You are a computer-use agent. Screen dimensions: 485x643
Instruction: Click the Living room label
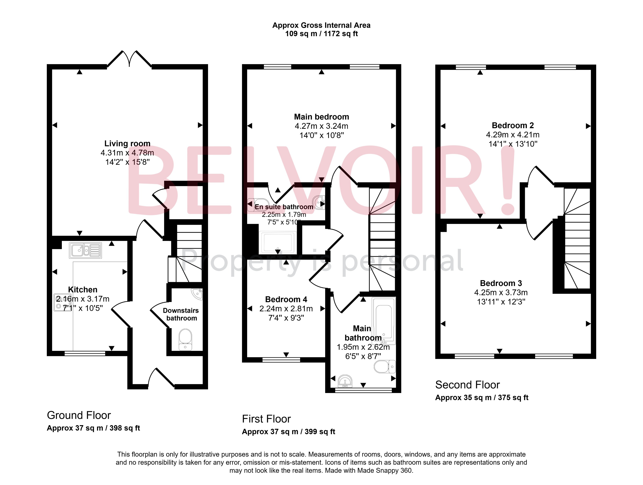click(x=127, y=143)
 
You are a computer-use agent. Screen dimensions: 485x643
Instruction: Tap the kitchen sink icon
click(x=85, y=250)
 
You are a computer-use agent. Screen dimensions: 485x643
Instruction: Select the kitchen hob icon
click(x=59, y=302)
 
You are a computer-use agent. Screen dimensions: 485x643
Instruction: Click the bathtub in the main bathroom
click(x=384, y=319)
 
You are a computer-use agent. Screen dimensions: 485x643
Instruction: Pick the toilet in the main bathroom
click(x=384, y=367)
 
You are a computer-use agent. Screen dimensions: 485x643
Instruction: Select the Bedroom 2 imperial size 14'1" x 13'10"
click(x=513, y=144)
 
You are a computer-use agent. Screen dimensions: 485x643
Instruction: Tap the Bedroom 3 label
click(x=501, y=283)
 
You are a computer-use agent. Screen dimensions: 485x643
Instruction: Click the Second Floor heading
click(x=467, y=385)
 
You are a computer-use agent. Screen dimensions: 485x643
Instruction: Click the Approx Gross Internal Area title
click(x=321, y=25)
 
